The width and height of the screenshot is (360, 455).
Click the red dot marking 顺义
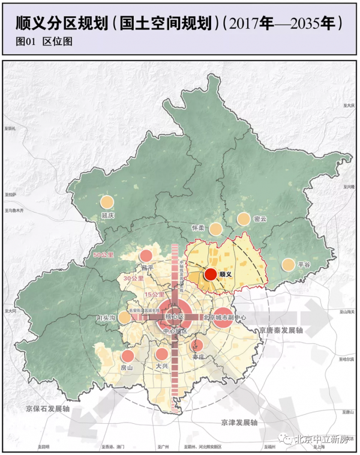pos(210,274)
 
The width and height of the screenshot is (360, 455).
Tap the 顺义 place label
pos(226,274)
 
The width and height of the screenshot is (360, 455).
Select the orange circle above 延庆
pos(107,203)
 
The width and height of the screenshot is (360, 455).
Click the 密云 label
pos(260,220)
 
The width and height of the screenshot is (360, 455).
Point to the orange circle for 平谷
pos(288,265)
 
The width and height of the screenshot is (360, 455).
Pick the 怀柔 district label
pos(198,228)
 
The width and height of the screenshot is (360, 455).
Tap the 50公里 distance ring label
pos(104,256)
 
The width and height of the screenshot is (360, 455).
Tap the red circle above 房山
pos(128,356)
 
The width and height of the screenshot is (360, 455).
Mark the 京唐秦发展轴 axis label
pos(282,330)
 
